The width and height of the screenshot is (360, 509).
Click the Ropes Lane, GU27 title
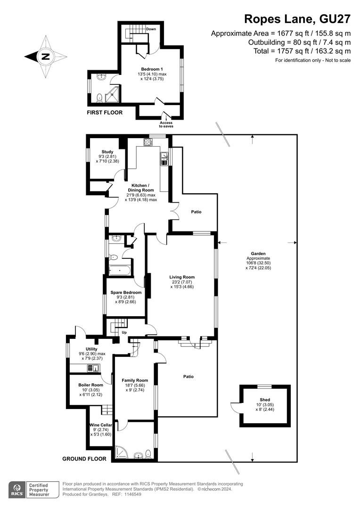click(297, 19)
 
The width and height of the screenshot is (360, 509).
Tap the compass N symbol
click(45, 57)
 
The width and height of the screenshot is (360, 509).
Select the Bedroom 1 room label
click(152, 69)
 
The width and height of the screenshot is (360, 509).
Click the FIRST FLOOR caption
click(105, 113)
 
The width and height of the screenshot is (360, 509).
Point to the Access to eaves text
click(166, 124)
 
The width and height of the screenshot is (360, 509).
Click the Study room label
click(107, 152)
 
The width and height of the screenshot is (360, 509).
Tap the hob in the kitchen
click(148, 142)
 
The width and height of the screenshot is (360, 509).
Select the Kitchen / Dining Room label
click(141, 188)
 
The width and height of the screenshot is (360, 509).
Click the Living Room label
click(182, 277)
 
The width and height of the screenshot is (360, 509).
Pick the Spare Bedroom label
click(126, 293)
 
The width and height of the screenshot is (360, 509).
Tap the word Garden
click(258, 254)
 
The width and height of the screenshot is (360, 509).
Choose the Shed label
click(265, 400)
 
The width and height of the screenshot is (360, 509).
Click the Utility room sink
click(93, 368)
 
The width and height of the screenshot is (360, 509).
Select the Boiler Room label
click(91, 385)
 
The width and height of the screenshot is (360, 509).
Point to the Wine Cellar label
click(101, 425)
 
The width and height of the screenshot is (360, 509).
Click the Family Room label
click(135, 380)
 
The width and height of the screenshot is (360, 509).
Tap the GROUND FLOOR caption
click(84, 459)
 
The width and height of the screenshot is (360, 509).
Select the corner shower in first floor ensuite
click(112, 94)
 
